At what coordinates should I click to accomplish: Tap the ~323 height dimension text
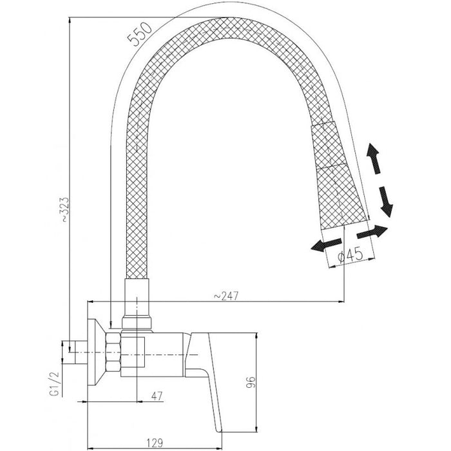[64, 209]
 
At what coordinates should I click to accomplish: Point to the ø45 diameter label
[350, 254]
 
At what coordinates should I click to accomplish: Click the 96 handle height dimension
[251, 382]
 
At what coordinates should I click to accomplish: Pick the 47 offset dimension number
[157, 396]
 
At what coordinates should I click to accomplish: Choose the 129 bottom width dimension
[155, 443]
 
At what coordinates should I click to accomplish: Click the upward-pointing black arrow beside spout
[374, 158]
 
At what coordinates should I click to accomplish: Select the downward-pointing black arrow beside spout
[385, 202]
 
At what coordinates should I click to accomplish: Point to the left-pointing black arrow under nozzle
[327, 245]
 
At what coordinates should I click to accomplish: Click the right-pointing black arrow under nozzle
[372, 231]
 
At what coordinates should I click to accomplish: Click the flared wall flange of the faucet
[97, 352]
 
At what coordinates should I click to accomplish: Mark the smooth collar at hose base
[137, 303]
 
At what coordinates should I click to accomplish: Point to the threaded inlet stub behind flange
[81, 352]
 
